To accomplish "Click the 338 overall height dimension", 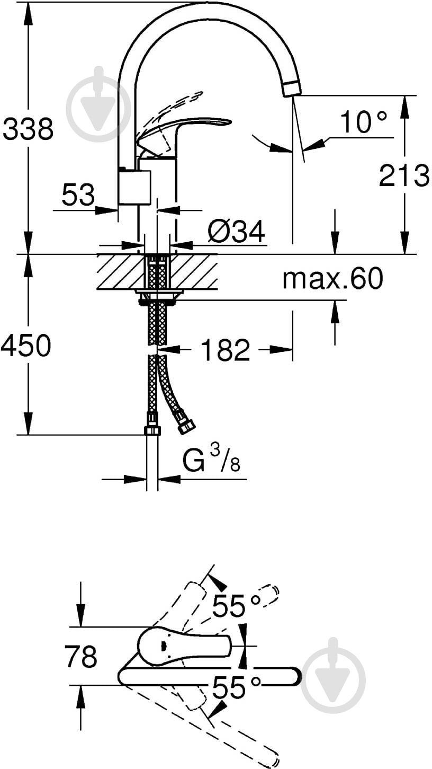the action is coord(28,129).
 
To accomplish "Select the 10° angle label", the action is coord(364,121).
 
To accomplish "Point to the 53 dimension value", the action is coord(78,195).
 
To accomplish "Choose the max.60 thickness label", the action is coord(332,278).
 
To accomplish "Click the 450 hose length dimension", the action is coord(26,345).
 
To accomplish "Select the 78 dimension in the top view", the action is coord(81,656).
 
